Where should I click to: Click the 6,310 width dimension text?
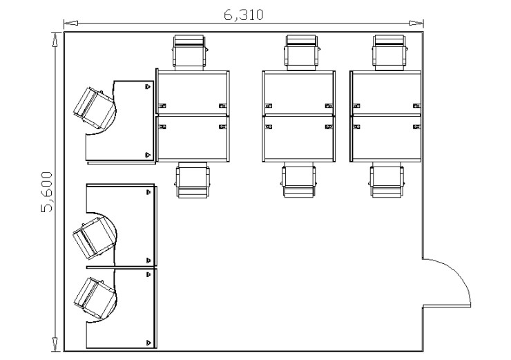coord(243,15)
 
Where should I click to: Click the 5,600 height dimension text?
coord(47,192)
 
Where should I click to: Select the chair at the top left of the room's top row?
coord(190,53)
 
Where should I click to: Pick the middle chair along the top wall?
coord(302,53)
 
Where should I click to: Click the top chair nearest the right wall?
coord(389,53)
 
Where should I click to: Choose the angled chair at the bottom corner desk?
coord(95,298)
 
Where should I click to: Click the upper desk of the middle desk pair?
coord(299,93)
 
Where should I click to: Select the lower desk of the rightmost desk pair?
coord(386,138)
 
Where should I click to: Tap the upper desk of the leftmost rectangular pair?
coord(193,93)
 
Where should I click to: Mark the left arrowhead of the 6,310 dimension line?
coord(70,23)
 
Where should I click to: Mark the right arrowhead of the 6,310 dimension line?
coord(416,23)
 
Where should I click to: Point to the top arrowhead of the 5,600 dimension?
coord(56,40)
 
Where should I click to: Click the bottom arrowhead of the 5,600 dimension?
coord(56,344)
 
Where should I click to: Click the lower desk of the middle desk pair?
coord(299,138)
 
